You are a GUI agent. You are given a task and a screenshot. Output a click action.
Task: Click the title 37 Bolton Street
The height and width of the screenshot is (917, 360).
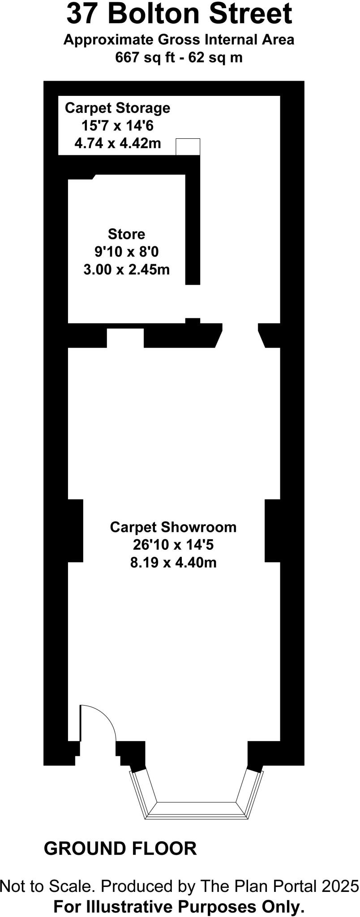(x=179, y=14)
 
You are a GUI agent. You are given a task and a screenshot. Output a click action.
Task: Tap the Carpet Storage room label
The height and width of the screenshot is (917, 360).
(x=117, y=108)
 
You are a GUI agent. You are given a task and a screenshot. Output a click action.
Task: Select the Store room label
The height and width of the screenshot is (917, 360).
(x=126, y=234)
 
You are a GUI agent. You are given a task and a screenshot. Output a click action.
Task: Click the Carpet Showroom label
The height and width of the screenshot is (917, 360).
(x=173, y=527)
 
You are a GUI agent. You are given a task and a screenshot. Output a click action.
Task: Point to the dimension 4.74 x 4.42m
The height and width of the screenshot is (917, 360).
(x=118, y=144)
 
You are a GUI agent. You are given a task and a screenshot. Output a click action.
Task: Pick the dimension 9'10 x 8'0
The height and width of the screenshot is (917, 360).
(x=126, y=252)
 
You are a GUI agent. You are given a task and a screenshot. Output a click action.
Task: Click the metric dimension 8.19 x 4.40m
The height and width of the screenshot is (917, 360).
(x=173, y=562)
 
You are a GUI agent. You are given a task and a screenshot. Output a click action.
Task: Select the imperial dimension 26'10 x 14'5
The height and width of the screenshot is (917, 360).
(x=173, y=545)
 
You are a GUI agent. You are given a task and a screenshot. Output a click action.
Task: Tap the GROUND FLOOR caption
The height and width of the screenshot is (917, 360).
(x=120, y=848)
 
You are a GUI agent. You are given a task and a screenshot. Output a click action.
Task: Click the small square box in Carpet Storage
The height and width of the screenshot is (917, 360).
(x=188, y=147)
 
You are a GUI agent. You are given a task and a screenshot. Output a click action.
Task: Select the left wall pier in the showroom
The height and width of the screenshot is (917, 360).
(x=75, y=531)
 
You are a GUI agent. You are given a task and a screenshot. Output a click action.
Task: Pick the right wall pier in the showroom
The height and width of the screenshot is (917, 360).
(x=272, y=531)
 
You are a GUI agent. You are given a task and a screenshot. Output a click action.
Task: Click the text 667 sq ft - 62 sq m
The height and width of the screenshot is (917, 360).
(x=179, y=57)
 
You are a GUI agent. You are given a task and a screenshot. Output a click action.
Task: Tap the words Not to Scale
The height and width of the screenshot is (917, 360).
(x=47, y=886)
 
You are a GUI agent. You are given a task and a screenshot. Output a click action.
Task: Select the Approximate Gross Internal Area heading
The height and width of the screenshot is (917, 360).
(x=179, y=39)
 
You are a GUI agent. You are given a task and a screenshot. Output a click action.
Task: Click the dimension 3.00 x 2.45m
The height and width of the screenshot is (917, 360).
(x=126, y=270)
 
